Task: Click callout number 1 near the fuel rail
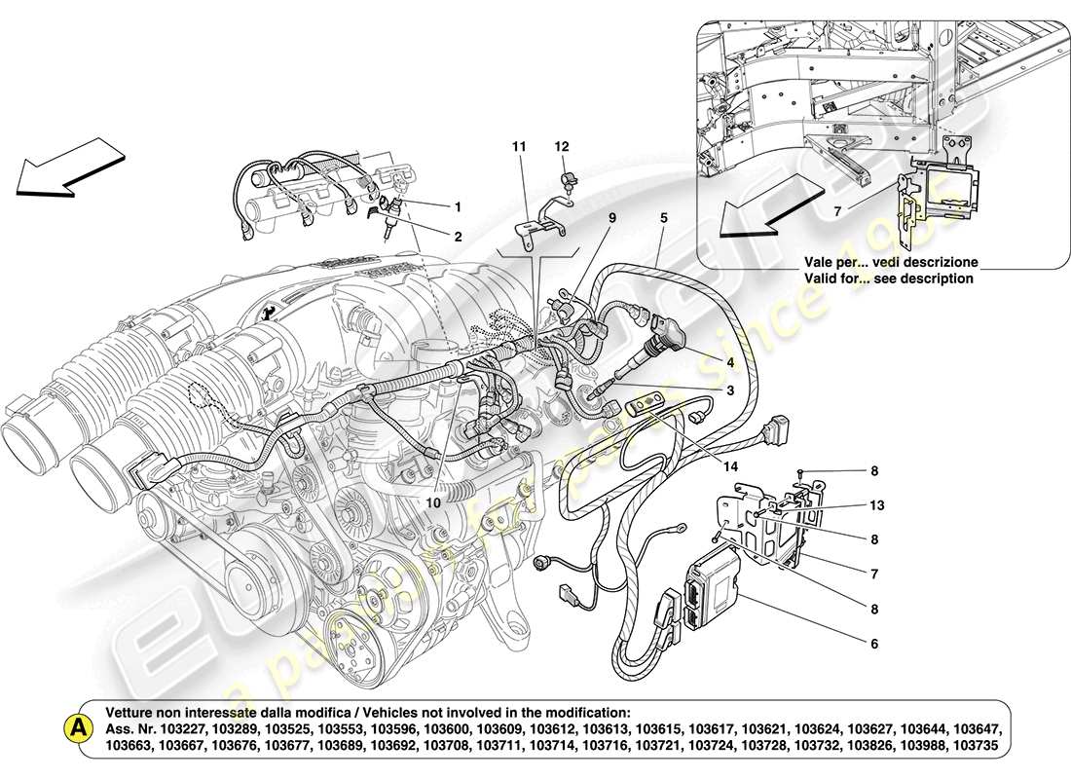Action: coord(457,206)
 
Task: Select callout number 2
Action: coord(457,236)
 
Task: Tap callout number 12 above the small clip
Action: coord(562,146)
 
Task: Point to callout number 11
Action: coord(519,146)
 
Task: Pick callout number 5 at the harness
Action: coord(663,220)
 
